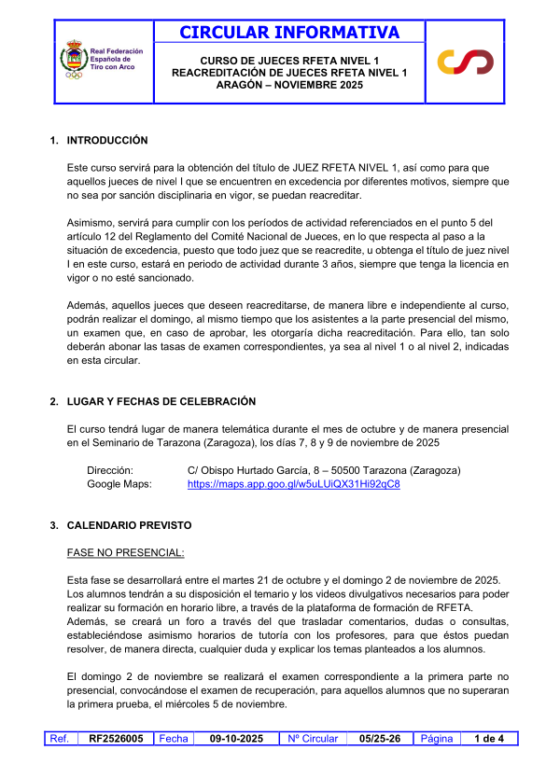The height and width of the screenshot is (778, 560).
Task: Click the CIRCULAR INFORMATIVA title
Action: [289, 33]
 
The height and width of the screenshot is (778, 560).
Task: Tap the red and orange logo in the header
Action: [466, 62]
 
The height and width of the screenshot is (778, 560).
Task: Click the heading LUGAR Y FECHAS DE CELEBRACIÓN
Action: [161, 402]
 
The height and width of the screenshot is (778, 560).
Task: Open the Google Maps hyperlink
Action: [294, 484]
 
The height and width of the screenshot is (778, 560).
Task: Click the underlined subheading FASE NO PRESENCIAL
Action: [126, 552]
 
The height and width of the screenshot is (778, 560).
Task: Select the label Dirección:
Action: [110, 470]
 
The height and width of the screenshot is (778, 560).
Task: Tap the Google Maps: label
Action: [119, 484]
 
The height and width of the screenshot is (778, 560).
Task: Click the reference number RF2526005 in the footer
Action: [116, 739]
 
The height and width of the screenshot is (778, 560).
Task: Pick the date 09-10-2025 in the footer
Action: [236, 739]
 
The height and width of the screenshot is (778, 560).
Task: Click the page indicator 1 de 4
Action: [489, 739]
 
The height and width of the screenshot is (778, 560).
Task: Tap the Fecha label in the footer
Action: [174, 739]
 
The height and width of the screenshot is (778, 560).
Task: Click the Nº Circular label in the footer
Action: [313, 739]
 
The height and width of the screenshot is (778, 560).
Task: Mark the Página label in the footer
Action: [437, 739]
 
